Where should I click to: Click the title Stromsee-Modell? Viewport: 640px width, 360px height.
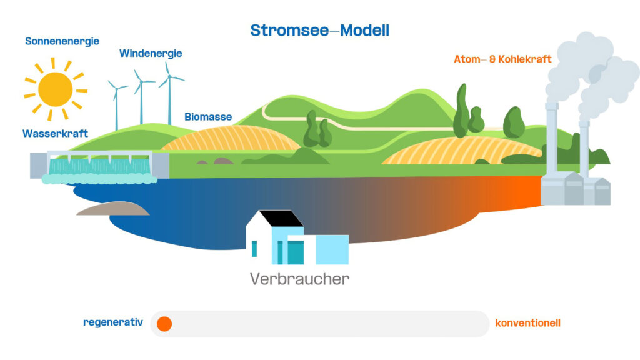tap(319, 30)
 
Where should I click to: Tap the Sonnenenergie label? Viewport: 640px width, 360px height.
tap(62, 41)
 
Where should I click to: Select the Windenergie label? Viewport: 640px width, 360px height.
tap(151, 53)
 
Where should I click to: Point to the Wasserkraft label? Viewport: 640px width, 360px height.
tap(55, 134)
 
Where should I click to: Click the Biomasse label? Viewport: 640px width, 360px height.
tap(208, 117)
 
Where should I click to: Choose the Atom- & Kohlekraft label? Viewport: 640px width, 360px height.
tap(502, 59)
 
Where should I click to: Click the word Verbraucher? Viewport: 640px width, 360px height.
tap(299, 279)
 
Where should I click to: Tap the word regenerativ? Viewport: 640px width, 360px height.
tap(113, 322)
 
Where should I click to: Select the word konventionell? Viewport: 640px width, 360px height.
tap(527, 323)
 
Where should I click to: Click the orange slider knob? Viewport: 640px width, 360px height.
tap(164, 324)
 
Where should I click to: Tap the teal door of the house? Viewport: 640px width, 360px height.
tap(295, 252)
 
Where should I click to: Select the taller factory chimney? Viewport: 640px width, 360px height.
tap(551, 141)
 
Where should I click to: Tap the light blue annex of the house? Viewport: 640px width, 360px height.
tap(332, 249)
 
